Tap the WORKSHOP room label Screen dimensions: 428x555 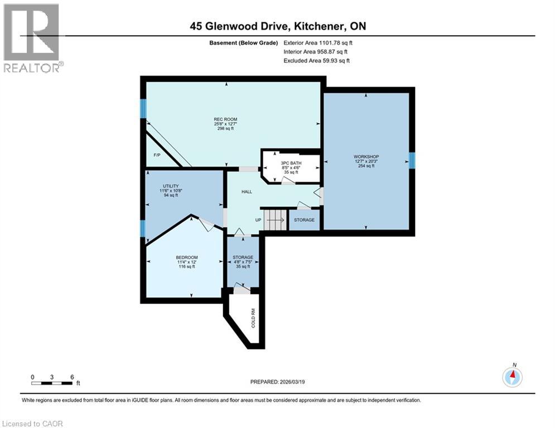[x=365, y=156]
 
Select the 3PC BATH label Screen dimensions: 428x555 [x=291, y=163]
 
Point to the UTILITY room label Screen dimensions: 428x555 [x=170, y=186]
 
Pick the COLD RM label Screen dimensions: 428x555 [x=253, y=318]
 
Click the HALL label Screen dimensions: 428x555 [x=247, y=192]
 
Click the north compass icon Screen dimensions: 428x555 [x=512, y=377]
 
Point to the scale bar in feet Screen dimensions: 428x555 [x=52, y=383]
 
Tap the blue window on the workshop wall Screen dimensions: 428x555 [x=412, y=160]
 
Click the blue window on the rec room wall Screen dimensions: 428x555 [x=143, y=108]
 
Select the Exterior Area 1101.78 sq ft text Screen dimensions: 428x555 [x=317, y=42]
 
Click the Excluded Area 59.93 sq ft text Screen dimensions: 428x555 [x=317, y=61]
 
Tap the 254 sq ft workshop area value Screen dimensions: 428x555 [x=365, y=166]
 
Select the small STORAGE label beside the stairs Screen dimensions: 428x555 [x=305, y=220]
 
